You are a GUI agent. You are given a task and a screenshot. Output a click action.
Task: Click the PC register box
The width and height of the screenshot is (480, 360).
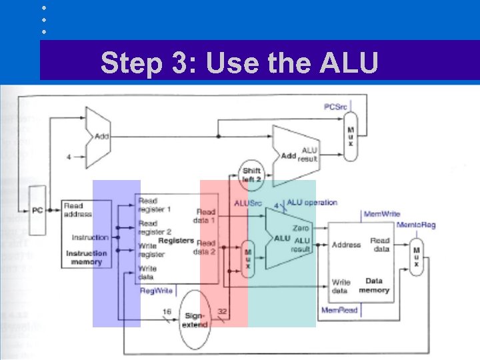[x=37, y=210]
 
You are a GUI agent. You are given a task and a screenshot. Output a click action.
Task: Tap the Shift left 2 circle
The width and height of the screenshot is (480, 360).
[x=251, y=175]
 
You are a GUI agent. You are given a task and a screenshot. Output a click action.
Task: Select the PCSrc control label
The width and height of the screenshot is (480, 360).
[x=335, y=107]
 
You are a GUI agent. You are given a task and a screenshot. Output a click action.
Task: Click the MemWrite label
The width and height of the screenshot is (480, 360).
[x=381, y=214]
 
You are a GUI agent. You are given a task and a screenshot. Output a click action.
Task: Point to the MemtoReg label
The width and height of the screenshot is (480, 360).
[x=416, y=225]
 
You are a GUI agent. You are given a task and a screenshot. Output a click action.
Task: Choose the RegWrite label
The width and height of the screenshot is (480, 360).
[x=156, y=291]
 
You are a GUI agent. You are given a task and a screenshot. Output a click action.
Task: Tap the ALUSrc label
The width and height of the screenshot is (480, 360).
[x=248, y=203]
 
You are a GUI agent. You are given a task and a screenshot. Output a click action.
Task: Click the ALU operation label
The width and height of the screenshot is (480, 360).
[x=312, y=202]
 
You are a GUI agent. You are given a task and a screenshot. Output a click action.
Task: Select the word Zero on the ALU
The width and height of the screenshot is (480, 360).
[x=301, y=229]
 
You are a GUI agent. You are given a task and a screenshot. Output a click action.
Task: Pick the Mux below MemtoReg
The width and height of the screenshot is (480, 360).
[x=417, y=257]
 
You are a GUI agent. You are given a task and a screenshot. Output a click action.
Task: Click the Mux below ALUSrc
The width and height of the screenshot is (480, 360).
[x=248, y=258]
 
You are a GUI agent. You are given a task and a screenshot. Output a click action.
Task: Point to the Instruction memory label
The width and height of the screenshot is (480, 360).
[x=87, y=257]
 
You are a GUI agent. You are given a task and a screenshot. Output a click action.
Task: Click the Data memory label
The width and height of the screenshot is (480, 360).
[x=374, y=286]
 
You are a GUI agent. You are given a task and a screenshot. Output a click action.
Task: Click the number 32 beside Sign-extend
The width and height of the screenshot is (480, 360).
[x=222, y=311]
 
